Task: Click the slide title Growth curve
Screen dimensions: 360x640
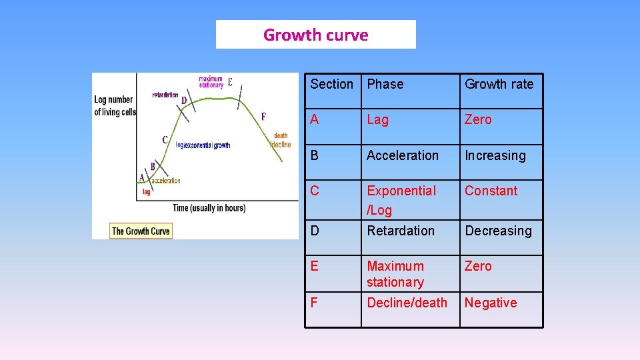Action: pyautogui.click(x=315, y=35)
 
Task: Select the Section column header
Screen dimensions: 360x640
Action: pyautogui.click(x=331, y=84)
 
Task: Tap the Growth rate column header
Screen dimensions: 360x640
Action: pyautogui.click(x=499, y=84)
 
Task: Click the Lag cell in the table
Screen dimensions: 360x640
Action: pyautogui.click(x=377, y=120)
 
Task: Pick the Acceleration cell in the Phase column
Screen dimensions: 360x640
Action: pyautogui.click(x=403, y=155)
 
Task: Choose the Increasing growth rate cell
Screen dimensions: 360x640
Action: pyautogui.click(x=495, y=156)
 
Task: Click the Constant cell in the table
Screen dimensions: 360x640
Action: pyautogui.click(x=491, y=191)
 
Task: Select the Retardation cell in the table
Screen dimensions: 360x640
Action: pyautogui.click(x=400, y=231)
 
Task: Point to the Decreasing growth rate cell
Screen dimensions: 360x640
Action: pyautogui.click(x=498, y=231)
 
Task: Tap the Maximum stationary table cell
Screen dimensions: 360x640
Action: pyautogui.click(x=395, y=274)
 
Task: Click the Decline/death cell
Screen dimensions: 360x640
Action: pyautogui.click(x=407, y=303)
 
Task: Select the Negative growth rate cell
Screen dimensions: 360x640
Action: pyautogui.click(x=491, y=303)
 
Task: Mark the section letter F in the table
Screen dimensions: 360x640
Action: pyautogui.click(x=314, y=303)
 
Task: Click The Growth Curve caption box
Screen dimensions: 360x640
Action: pyautogui.click(x=141, y=231)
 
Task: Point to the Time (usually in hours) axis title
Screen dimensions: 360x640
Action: pyautogui.click(x=209, y=208)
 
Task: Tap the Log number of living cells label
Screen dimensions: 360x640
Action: pyautogui.click(x=114, y=106)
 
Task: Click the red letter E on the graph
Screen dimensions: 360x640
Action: pyautogui.click(x=230, y=83)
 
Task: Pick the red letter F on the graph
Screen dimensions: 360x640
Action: pyautogui.click(x=263, y=117)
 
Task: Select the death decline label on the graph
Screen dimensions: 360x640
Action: pyautogui.click(x=281, y=140)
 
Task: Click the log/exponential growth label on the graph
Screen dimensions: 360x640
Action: pyautogui.click(x=203, y=145)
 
